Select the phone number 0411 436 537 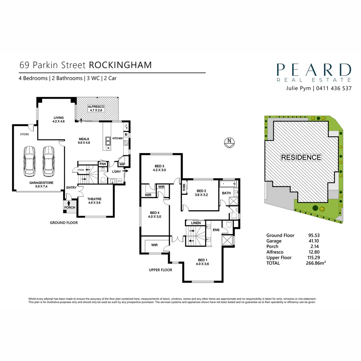click(x=333, y=89)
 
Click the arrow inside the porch click(x=69, y=203)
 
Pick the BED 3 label click(x=159, y=166)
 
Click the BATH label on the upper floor click(x=226, y=193)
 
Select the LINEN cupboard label click(x=196, y=223)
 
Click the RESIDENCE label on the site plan click(x=301, y=157)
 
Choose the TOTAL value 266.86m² click(x=317, y=263)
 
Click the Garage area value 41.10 click(x=314, y=241)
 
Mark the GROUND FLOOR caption click(x=64, y=223)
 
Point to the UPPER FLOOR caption click(x=160, y=270)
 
